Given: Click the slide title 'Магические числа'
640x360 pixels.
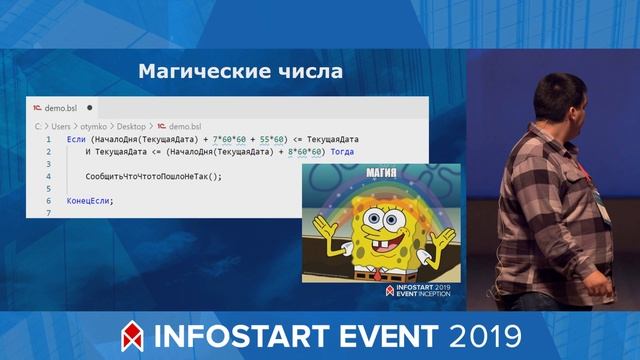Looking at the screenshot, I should point(239,72).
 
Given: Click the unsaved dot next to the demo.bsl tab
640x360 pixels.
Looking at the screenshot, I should point(89,106).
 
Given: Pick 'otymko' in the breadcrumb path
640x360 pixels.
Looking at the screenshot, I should point(94,127).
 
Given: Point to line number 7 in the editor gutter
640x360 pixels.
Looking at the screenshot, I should point(48,213).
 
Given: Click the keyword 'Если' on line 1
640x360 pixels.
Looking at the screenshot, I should point(76,139).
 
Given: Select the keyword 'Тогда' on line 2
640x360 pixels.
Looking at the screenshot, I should point(341,152).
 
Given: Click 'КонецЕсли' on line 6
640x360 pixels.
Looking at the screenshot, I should point(88,201).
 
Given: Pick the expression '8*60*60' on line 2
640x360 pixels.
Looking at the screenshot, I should point(304,152).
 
